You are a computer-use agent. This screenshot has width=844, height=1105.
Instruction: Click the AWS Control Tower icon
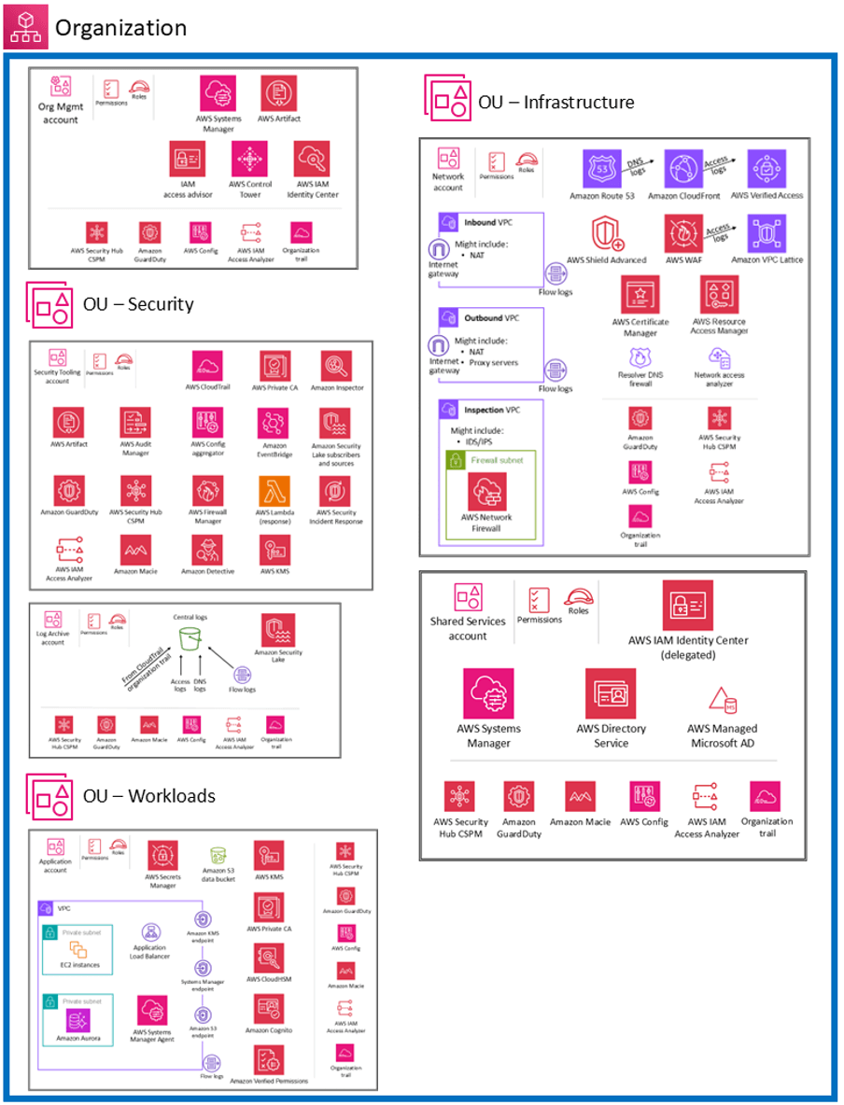point(249,160)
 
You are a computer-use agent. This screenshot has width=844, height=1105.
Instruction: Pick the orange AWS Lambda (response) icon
point(274,491)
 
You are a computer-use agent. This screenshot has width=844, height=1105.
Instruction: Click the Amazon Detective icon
point(208,550)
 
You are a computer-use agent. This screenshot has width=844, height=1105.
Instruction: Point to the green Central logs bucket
point(191,640)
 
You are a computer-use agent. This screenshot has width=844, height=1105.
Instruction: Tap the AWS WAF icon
point(684,233)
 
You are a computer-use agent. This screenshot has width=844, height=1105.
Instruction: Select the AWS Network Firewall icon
point(486,491)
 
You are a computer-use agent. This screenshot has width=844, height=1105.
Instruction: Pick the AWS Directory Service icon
point(610,693)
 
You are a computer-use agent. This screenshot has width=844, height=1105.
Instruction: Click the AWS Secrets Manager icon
point(162,855)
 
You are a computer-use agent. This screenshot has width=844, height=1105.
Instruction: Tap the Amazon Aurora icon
point(78,1020)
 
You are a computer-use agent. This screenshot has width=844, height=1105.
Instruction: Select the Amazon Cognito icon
point(269,1009)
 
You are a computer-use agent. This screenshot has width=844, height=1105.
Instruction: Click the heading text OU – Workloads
point(149,796)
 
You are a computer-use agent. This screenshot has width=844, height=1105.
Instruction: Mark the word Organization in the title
point(120,27)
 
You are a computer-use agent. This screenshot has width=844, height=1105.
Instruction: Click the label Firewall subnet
point(497,459)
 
